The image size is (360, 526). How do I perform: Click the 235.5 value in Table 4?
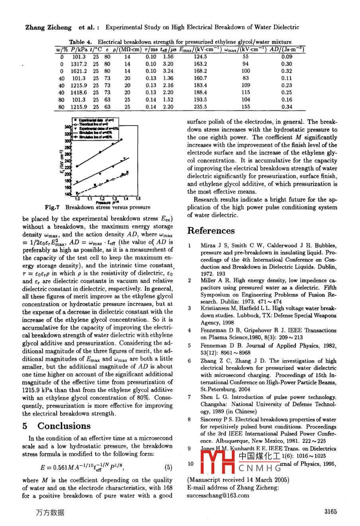200,107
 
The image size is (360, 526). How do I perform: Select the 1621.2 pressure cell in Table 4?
79,71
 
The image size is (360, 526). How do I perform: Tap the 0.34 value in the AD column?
286,107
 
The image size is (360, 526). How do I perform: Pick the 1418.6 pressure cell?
79,92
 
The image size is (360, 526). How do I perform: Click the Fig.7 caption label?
52,207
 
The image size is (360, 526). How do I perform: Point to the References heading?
211,231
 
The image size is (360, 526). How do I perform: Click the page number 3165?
331,512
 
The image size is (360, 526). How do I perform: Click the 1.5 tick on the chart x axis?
138,198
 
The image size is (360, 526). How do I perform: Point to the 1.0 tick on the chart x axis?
77,198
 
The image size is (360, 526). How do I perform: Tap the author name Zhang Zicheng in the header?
48,27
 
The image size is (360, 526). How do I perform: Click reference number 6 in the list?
189,361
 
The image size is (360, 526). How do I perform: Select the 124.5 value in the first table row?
200,57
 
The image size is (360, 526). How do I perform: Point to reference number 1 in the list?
189,246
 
